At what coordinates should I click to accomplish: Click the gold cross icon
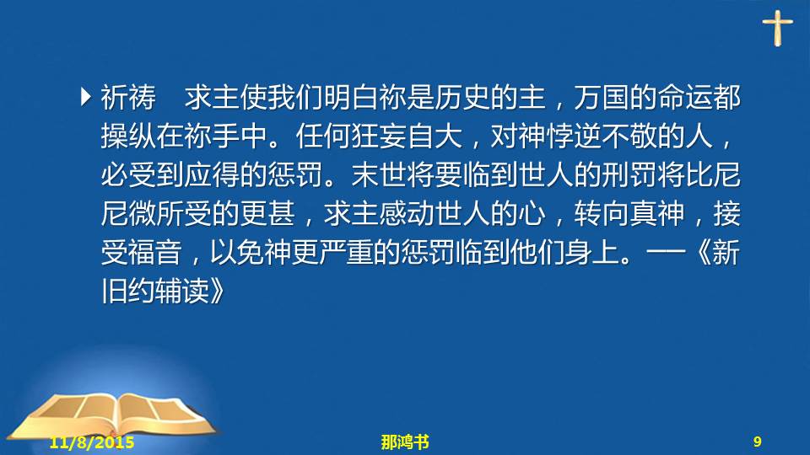click(777, 28)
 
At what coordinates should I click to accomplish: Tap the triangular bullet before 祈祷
click(86, 97)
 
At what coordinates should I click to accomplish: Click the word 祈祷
click(128, 97)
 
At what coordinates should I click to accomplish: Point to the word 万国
click(602, 97)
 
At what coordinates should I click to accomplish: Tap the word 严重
click(346, 252)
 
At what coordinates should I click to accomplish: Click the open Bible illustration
click(112, 415)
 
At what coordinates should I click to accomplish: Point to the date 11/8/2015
click(92, 442)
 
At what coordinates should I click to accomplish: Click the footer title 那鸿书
click(405, 442)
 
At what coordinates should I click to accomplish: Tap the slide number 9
click(758, 442)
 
